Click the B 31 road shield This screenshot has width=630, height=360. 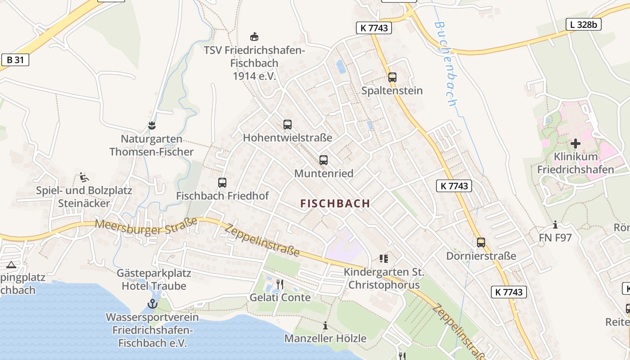pyautogui.click(x=15, y=60)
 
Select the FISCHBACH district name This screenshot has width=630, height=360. pyautogui.click(x=335, y=203)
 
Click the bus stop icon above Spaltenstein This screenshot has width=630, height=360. pyautogui.click(x=392, y=77)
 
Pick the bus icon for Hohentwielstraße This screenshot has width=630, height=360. pyautogui.click(x=288, y=125)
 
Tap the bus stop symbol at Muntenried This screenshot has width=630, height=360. pyautogui.click(x=324, y=160)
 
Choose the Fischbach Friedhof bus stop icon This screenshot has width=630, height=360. pyautogui.click(x=222, y=183)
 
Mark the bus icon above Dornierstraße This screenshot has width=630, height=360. pyautogui.click(x=481, y=243)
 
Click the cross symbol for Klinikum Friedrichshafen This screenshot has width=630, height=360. pyautogui.click(x=576, y=144)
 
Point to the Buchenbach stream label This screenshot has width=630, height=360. pyautogui.click(x=445, y=63)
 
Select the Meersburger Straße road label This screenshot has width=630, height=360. pyautogui.click(x=147, y=226)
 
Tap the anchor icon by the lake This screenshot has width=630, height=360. pyautogui.click(x=153, y=304)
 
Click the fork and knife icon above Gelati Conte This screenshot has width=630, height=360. pyautogui.click(x=280, y=284)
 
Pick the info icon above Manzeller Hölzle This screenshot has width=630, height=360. pyautogui.click(x=325, y=325)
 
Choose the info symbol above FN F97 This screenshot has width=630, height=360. pyautogui.click(x=555, y=225)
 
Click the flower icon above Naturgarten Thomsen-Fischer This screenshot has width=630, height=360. pyautogui.click(x=152, y=126)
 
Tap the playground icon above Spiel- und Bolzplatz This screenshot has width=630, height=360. pyautogui.click(x=83, y=177)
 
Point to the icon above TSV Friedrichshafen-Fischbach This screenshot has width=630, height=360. pyautogui.click(x=254, y=36)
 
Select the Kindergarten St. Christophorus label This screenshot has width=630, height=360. pyautogui.click(x=384, y=279)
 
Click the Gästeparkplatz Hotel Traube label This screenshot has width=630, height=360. pyautogui.click(x=154, y=279)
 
